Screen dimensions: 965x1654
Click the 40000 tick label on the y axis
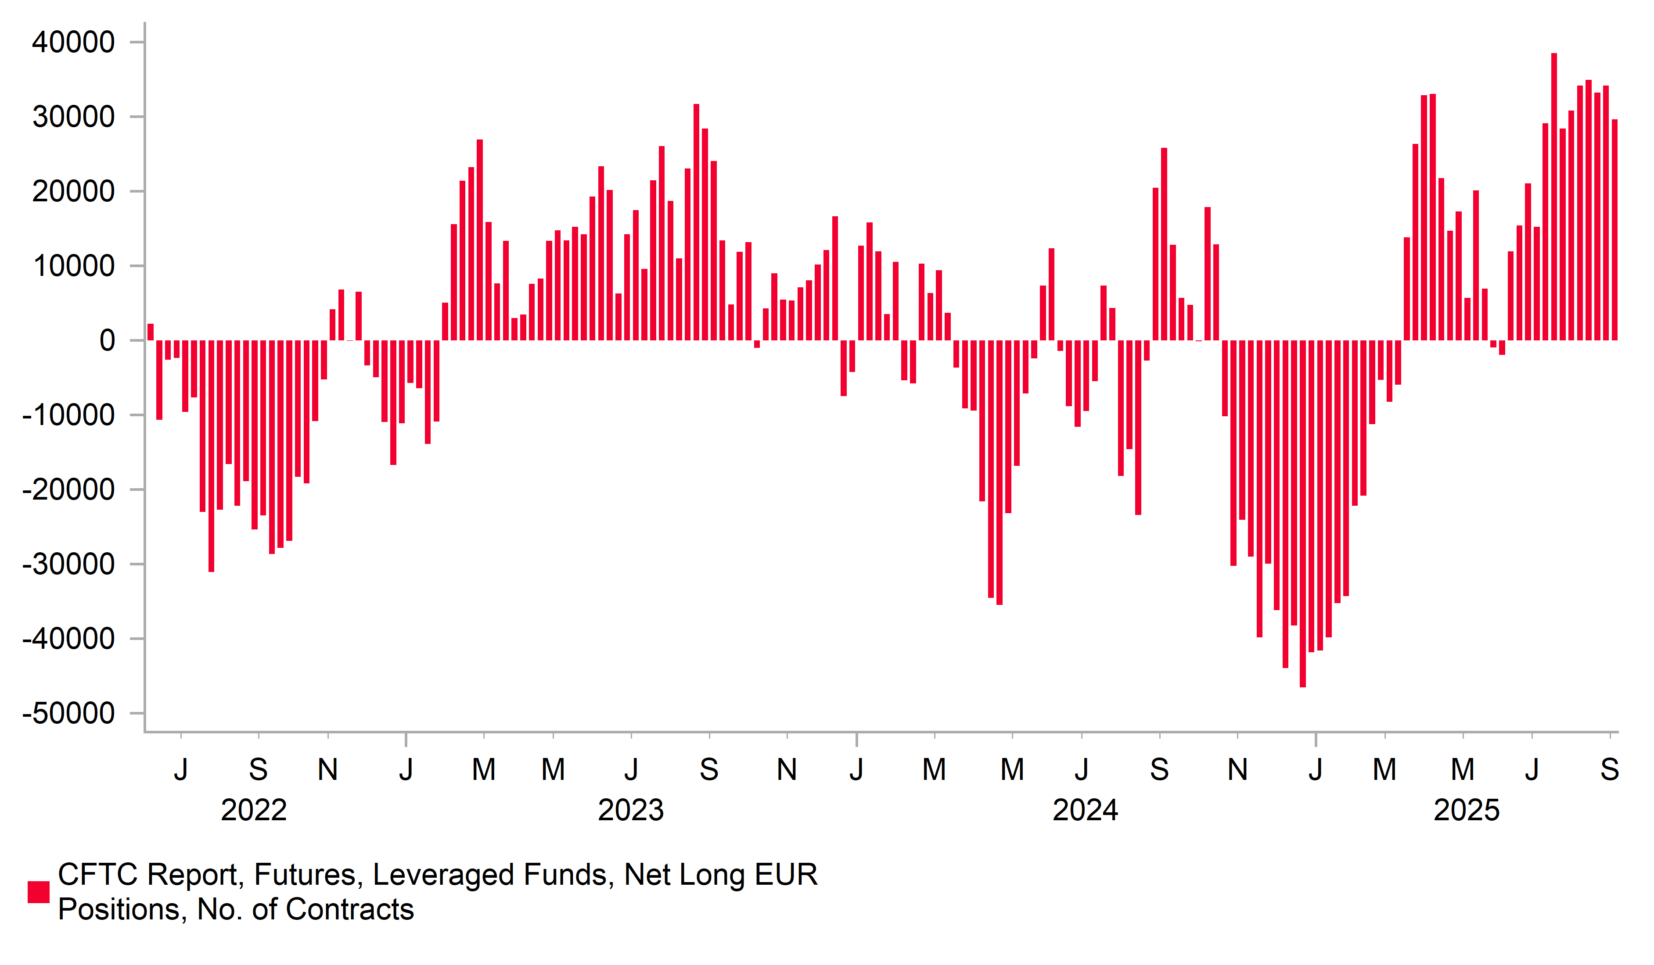pos(73,43)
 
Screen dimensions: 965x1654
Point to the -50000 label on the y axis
pos(68,714)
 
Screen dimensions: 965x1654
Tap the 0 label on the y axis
pos(107,341)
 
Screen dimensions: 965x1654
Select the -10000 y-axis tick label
pos(68,416)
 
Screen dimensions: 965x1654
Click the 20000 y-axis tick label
pos(73,192)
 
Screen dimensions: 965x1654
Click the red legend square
pos(38,892)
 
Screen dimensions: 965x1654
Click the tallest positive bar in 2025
pos(1553,197)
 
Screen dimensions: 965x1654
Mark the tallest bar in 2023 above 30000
pos(696,222)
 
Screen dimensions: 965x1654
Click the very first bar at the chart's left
pos(150,332)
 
